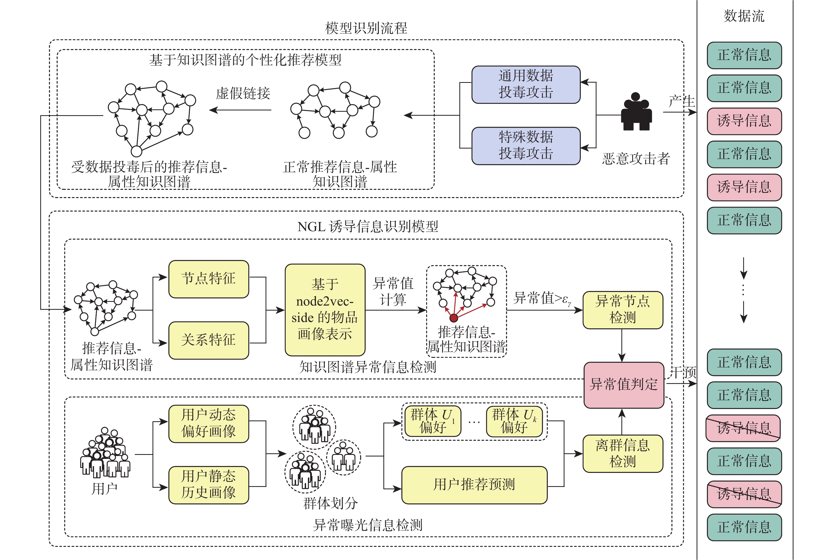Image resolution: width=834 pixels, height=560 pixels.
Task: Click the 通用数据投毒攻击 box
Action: click(526, 85)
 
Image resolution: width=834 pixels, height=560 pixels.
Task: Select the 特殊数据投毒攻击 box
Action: click(526, 146)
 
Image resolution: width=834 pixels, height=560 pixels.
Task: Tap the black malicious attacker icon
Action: click(636, 112)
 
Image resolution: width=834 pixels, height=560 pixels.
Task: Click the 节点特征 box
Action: click(209, 279)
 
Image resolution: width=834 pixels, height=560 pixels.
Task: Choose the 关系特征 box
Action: click(209, 340)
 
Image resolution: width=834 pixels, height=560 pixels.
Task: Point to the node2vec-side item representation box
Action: click(325, 310)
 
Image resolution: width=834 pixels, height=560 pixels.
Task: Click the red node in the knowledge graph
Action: click(454, 317)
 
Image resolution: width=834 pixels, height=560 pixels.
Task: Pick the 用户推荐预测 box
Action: click(474, 485)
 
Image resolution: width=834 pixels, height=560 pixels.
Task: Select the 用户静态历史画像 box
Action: click(209, 485)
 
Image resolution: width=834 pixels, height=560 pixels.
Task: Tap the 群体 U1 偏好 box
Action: click(432, 421)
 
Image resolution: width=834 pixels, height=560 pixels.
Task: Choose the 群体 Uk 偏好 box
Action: click(514, 421)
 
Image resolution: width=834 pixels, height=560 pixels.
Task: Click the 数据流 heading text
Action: click(744, 16)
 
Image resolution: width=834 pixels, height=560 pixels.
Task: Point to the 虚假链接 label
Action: click(243, 93)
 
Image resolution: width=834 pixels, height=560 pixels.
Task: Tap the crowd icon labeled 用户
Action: click(105, 453)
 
